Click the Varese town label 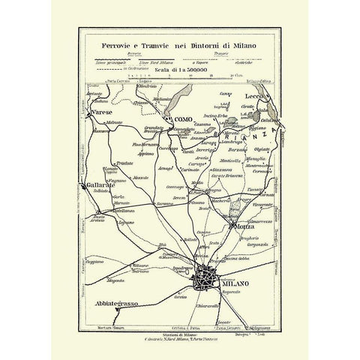[100, 112]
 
